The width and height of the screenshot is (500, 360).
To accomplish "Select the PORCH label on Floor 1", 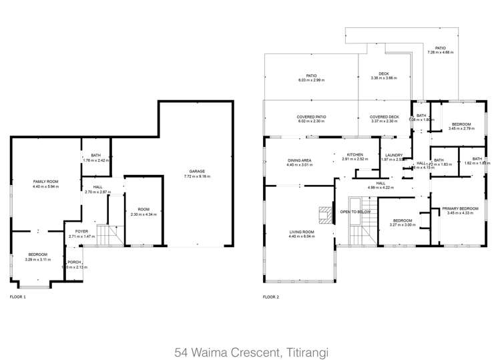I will (73, 262).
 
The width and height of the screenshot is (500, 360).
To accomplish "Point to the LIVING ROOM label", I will (301, 232).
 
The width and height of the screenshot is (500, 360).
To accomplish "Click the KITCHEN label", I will (354, 155).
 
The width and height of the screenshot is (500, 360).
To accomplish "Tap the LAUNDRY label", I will (393, 156).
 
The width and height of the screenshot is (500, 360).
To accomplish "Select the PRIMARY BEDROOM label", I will (461, 208).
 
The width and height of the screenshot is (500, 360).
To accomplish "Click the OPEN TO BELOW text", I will (355, 212).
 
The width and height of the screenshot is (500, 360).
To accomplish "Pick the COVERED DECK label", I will (384, 117).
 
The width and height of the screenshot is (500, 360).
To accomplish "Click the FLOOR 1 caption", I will (18, 296).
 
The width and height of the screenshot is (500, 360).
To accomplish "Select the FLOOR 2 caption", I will (271, 296).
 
